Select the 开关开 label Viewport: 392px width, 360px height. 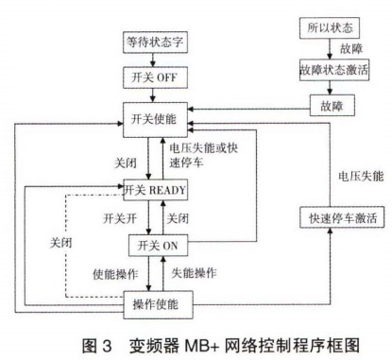118,218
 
